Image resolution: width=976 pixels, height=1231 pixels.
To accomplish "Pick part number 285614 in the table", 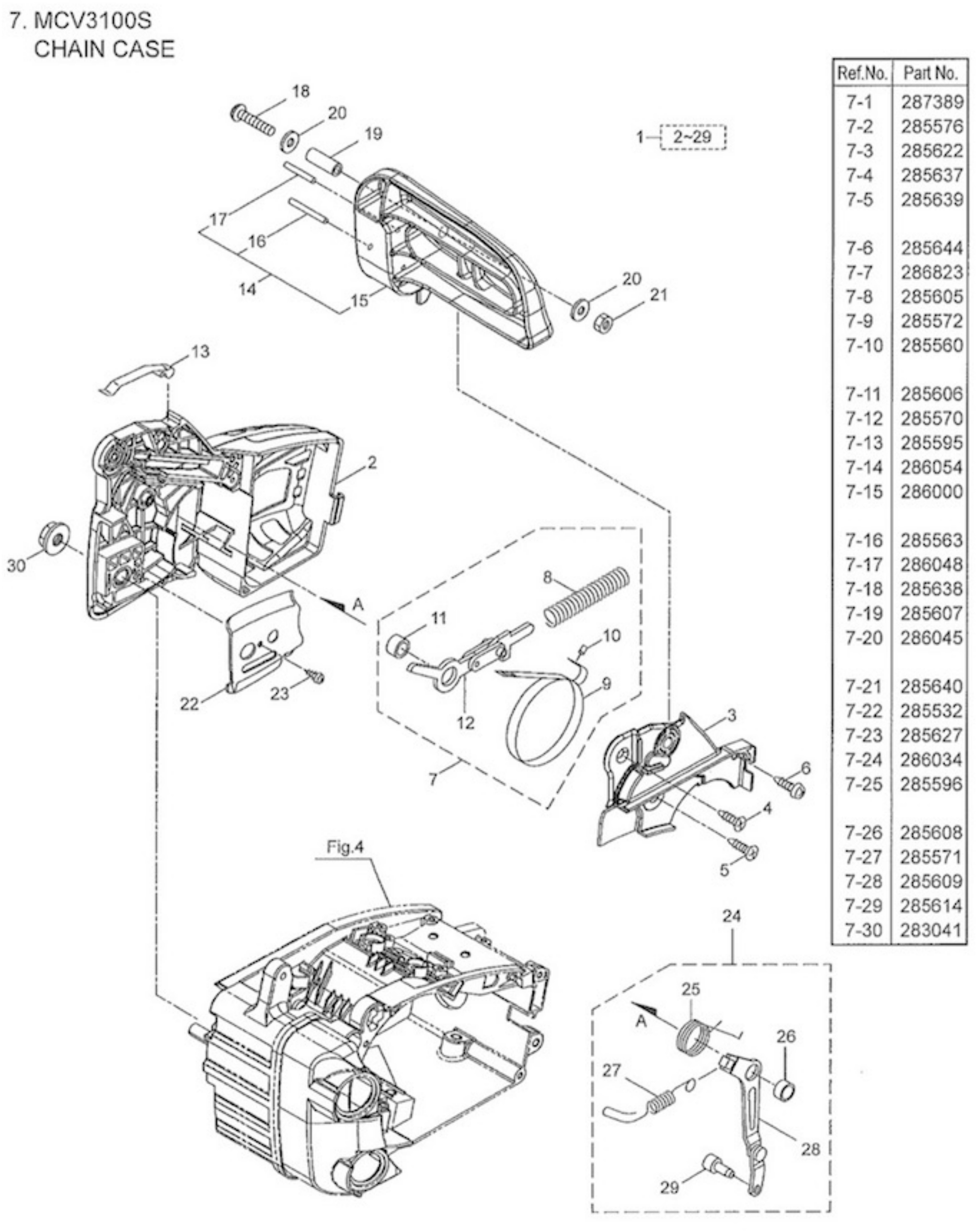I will point(931,905).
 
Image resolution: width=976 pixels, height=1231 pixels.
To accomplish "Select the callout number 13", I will point(200,351).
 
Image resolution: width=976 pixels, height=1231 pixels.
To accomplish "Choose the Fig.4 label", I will point(345,847).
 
